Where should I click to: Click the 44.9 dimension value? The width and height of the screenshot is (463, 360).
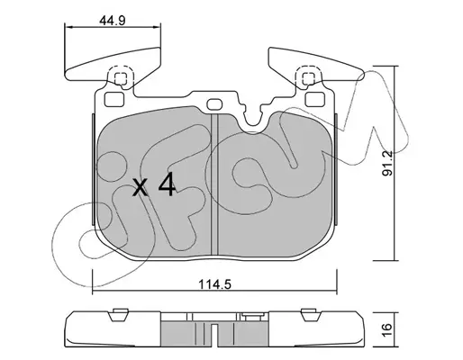(112, 21)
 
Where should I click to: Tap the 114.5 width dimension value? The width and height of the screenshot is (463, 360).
(214, 284)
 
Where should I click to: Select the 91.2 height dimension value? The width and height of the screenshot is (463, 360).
(387, 164)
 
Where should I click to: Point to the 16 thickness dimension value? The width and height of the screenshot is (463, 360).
(387, 330)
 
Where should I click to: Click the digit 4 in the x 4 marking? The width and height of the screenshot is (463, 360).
(167, 184)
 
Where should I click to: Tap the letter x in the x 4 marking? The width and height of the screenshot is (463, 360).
(141, 187)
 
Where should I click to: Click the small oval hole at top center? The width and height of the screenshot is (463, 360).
(214, 104)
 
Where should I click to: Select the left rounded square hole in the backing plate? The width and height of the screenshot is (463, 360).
(114, 99)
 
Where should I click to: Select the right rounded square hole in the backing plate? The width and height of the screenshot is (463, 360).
(314, 99)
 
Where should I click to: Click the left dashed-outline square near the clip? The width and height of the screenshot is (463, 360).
(121, 78)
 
